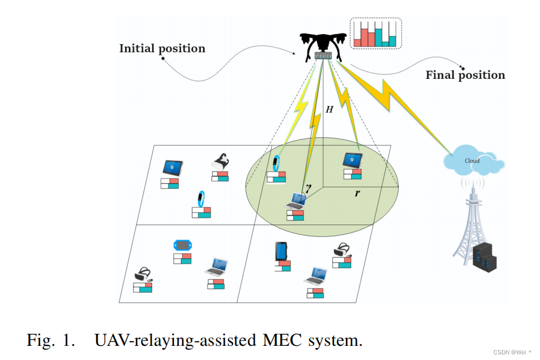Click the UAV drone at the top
click(x=323, y=45)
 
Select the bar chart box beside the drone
click(x=376, y=33)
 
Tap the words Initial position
click(x=162, y=49)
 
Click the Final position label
click(x=465, y=75)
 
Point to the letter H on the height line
click(x=329, y=109)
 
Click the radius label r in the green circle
click(x=357, y=193)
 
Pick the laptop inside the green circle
click(x=296, y=200)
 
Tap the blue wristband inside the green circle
click(x=276, y=163)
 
